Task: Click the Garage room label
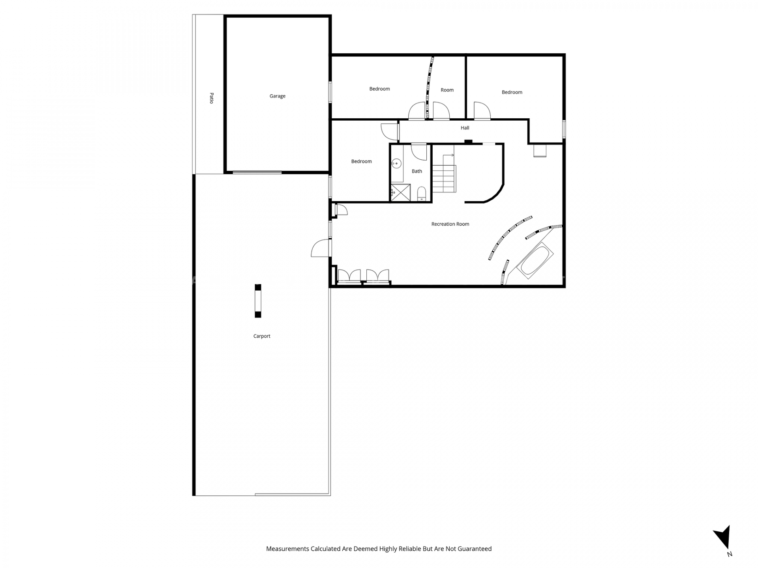[x=277, y=96]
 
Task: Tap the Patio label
[x=212, y=98]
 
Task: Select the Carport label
[x=262, y=336]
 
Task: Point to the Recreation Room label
[x=450, y=224]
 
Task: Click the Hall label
[x=465, y=128]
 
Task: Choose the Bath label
[x=417, y=171]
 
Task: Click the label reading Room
[x=447, y=90]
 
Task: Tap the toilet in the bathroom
[x=422, y=193]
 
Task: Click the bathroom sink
[x=396, y=163]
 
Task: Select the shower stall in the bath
[x=401, y=192]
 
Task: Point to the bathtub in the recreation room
[x=535, y=260]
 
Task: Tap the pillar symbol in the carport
[x=258, y=301]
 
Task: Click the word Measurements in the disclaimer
[x=287, y=549]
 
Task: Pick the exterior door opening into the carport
[x=321, y=248]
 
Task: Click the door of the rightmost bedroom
[x=482, y=110]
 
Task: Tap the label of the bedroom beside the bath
[x=361, y=161]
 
